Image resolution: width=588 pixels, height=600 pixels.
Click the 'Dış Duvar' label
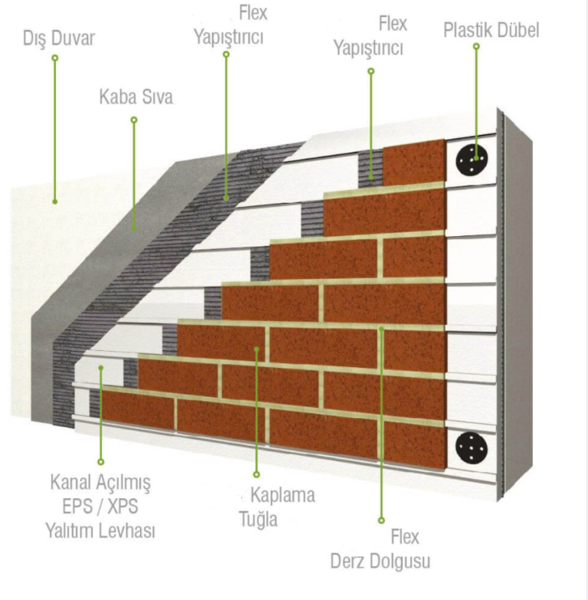[58, 38]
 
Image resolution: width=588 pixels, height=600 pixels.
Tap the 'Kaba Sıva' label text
[136, 97]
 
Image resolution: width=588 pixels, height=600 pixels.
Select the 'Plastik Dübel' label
[491, 30]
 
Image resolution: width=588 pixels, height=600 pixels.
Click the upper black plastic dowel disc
[472, 160]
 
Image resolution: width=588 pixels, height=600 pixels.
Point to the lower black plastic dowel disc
[472, 448]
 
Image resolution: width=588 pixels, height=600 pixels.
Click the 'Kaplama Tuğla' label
[277, 507]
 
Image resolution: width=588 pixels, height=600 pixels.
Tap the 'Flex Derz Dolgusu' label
[381, 549]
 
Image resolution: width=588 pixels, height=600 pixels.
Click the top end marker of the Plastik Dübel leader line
[476, 46]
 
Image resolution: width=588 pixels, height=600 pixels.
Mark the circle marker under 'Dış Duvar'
[55, 58]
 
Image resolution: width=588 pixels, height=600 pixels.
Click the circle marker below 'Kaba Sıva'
[134, 120]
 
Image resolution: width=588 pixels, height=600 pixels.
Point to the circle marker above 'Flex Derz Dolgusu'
[381, 520]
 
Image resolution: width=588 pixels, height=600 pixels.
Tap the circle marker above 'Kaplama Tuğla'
[256, 474]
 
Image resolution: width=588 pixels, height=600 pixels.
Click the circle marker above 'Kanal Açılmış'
[101, 462]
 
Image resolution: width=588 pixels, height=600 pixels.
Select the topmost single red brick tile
[414, 162]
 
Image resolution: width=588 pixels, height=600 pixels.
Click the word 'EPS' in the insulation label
[77, 507]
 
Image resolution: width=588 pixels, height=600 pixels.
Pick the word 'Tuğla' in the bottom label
[258, 520]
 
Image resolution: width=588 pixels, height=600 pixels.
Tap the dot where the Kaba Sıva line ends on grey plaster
[134, 229]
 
